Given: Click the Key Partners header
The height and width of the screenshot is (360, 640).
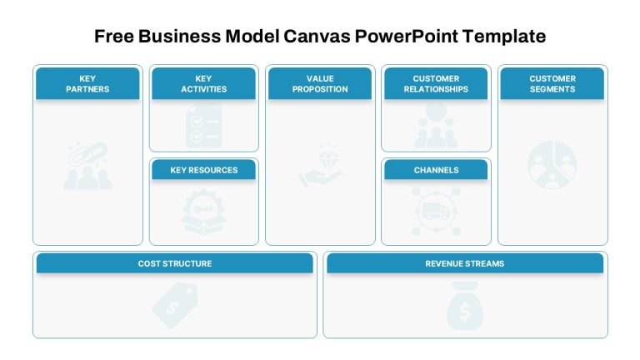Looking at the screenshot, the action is [x=87, y=83].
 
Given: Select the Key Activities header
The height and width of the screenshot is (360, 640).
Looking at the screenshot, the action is [x=203, y=83].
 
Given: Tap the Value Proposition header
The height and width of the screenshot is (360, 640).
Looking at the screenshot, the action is [x=320, y=83].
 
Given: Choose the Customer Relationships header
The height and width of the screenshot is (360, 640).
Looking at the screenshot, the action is [x=436, y=83].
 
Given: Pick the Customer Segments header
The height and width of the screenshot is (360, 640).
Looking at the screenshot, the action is [x=552, y=83].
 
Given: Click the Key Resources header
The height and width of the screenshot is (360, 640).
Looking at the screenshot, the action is [x=203, y=170].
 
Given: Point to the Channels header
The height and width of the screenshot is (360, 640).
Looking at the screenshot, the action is [x=436, y=170].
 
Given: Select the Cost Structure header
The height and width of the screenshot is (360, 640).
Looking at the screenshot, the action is [x=175, y=263].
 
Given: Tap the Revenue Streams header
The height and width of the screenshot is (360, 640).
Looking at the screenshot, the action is [x=465, y=263].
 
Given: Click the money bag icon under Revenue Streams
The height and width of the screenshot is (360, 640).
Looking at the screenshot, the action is [x=465, y=306].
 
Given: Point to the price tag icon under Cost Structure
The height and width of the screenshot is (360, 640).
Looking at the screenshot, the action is [x=175, y=305].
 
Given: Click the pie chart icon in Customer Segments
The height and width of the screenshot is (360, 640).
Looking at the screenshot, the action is [x=552, y=165].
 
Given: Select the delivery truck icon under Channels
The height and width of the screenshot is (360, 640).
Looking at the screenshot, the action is [x=436, y=212].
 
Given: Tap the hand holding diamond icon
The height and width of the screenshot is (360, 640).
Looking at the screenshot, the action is [x=320, y=165].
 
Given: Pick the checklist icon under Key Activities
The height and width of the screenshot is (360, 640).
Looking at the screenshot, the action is [x=203, y=126].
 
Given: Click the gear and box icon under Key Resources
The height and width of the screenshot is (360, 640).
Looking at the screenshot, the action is [x=203, y=212].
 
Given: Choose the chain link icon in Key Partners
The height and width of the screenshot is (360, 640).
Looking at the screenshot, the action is [x=87, y=166].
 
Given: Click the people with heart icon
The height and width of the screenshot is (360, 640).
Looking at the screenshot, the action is [x=437, y=126].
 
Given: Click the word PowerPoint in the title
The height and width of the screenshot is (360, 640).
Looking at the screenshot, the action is [x=407, y=36].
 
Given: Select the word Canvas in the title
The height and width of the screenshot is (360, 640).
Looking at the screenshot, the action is [x=317, y=36].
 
